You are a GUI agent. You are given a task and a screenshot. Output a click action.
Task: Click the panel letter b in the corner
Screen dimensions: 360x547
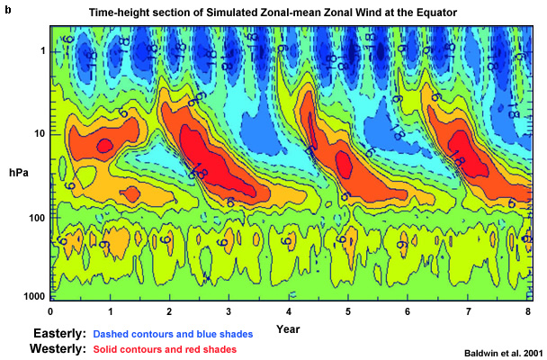(x=6, y=7)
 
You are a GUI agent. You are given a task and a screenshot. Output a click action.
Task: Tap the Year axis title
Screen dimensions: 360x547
(x=288, y=326)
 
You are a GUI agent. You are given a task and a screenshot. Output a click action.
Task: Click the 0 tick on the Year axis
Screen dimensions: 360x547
(x=51, y=310)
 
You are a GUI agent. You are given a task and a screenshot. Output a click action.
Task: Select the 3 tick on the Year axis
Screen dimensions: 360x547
(x=229, y=310)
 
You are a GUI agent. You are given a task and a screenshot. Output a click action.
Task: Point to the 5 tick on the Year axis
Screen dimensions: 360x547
(x=348, y=310)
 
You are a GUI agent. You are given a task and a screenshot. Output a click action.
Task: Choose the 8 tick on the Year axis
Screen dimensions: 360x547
(x=526, y=310)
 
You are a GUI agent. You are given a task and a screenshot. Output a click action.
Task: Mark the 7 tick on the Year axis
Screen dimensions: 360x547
(x=467, y=310)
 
